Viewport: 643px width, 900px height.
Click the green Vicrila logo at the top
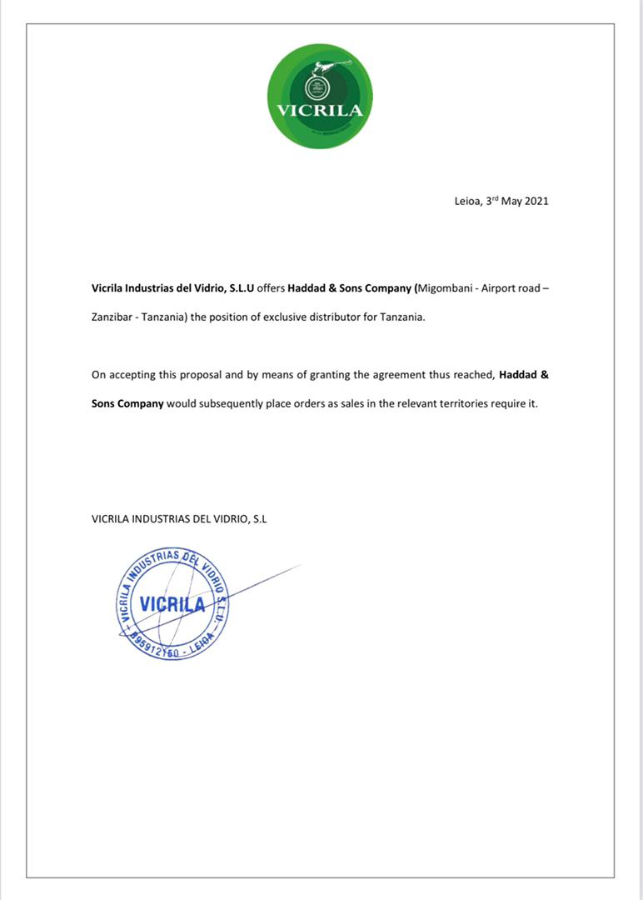point(320,96)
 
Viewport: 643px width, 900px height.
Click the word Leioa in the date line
point(467,202)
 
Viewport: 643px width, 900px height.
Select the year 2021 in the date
point(536,202)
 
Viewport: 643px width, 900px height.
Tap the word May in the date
point(511,202)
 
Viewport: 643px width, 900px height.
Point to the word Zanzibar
point(112,318)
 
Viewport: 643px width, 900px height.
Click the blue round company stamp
point(173,604)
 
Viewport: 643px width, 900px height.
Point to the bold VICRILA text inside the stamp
point(172,604)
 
